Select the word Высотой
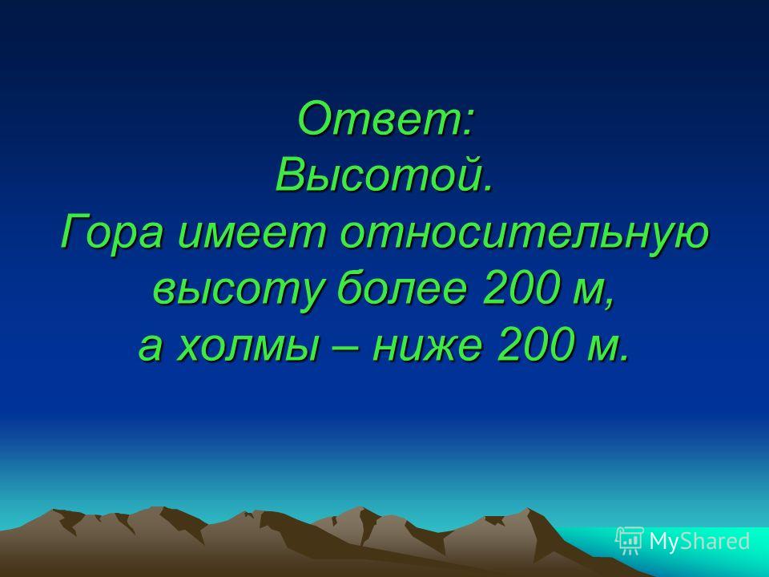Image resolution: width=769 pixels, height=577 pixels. pyautogui.click(x=382, y=175)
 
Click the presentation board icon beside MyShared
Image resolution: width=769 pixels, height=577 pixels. pyautogui.click(x=630, y=541)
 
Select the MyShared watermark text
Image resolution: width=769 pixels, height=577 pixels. pyautogui.click(x=700, y=541)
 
